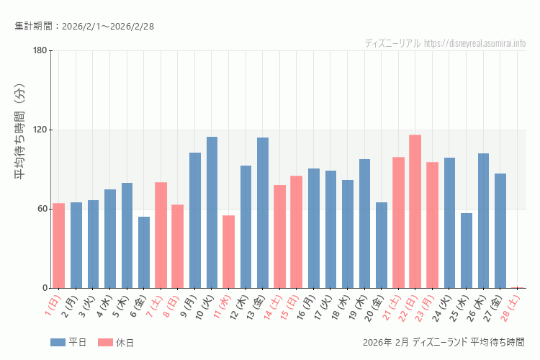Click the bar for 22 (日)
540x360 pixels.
(x=415, y=211)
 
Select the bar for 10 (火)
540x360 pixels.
(x=212, y=212)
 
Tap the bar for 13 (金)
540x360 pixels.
(x=263, y=212)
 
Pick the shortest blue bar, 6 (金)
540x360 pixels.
(x=144, y=252)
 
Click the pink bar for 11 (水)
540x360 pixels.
(x=228, y=251)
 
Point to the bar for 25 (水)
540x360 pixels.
(x=467, y=251)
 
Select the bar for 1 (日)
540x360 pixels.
(x=59, y=246)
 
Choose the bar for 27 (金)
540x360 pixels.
(x=500, y=230)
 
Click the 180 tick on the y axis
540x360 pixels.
(x=40, y=50)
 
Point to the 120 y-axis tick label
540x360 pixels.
(x=40, y=130)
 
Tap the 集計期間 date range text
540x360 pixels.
(x=84, y=27)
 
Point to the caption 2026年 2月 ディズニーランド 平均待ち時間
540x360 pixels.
(x=444, y=342)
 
